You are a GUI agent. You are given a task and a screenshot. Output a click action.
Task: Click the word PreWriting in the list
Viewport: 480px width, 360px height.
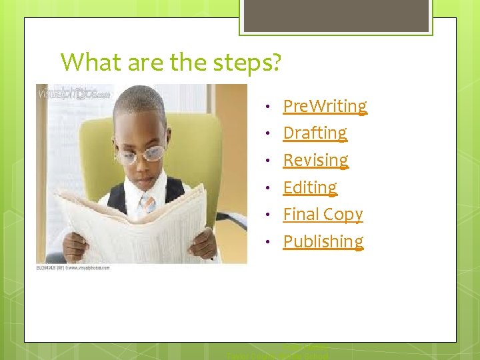[325, 106]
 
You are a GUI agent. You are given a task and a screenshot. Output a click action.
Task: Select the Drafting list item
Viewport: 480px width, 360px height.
[315, 133]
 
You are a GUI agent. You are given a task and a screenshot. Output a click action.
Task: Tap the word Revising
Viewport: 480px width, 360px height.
[315, 161]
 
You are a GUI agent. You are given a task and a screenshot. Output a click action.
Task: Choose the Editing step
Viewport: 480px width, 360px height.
[310, 187]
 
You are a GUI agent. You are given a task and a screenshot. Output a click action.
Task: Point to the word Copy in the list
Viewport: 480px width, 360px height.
[342, 215]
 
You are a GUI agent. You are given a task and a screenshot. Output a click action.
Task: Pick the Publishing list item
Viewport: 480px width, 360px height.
[323, 241]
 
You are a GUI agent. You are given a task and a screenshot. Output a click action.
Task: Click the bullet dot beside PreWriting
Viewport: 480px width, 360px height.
[267, 107]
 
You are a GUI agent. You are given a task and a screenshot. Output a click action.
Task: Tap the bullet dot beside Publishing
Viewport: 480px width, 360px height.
[267, 242]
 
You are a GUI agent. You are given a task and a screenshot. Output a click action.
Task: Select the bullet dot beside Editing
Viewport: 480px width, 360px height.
[267, 188]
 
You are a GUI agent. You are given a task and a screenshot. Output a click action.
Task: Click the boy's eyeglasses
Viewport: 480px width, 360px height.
[142, 153]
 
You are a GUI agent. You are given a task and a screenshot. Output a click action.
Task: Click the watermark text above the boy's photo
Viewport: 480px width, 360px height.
[73, 94]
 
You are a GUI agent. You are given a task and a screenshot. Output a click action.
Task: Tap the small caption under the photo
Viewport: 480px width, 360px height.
[73, 267]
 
